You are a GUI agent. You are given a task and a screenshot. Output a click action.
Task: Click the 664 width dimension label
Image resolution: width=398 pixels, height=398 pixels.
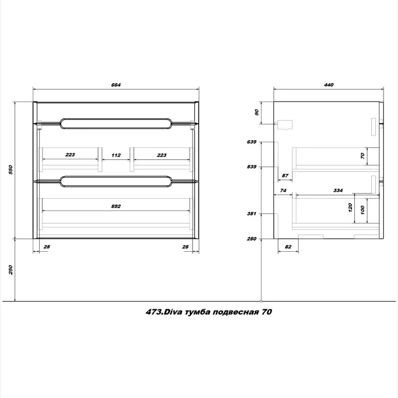116,85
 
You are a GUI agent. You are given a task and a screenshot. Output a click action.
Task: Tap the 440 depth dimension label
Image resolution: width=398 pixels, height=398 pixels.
328,85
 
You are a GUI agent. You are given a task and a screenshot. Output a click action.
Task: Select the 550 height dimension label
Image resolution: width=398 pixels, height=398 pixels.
10,170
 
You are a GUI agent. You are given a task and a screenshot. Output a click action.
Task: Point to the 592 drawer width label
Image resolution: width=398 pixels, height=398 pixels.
116,206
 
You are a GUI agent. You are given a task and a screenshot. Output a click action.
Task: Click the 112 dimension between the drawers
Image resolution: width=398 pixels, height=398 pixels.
116,155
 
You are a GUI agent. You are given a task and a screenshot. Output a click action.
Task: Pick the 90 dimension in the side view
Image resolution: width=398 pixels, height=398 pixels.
256,112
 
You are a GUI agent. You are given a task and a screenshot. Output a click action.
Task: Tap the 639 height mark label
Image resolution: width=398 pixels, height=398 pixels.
252,142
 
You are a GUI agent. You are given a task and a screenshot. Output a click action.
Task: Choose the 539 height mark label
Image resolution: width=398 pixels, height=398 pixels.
252,167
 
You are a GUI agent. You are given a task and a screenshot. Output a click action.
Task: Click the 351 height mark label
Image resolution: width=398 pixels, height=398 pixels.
252,214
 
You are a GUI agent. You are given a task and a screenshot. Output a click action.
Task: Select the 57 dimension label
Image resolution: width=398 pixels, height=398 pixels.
285,176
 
